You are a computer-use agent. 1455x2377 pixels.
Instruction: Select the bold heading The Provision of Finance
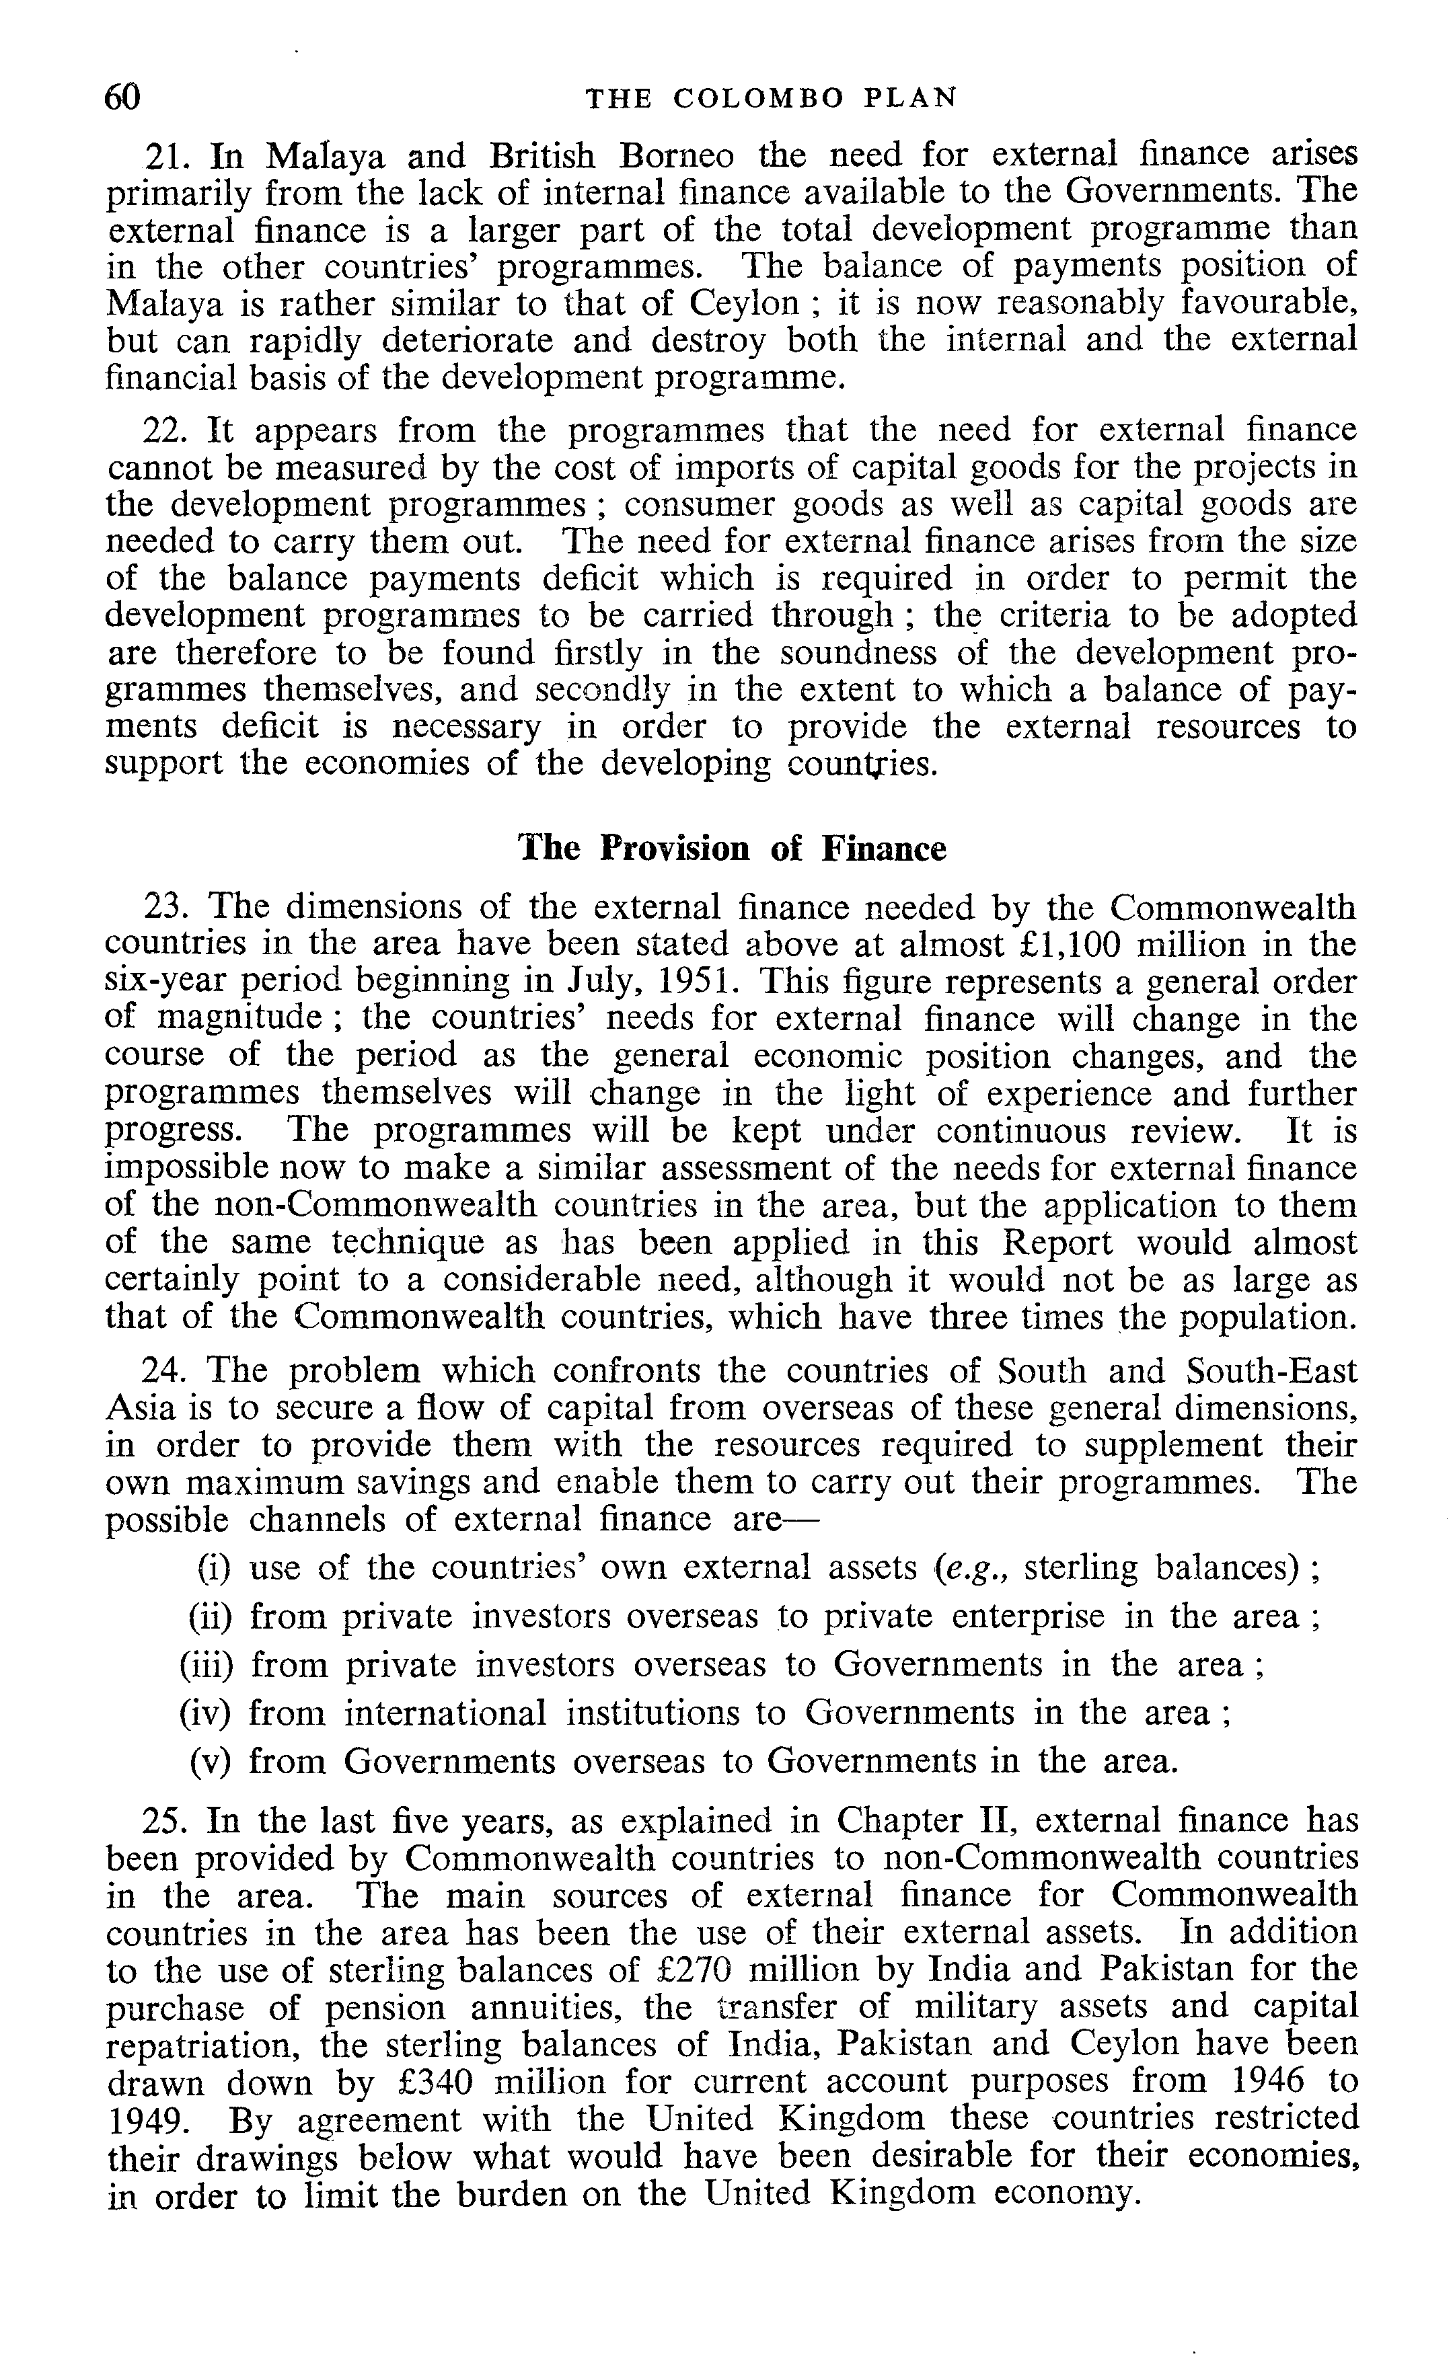click(x=733, y=848)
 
